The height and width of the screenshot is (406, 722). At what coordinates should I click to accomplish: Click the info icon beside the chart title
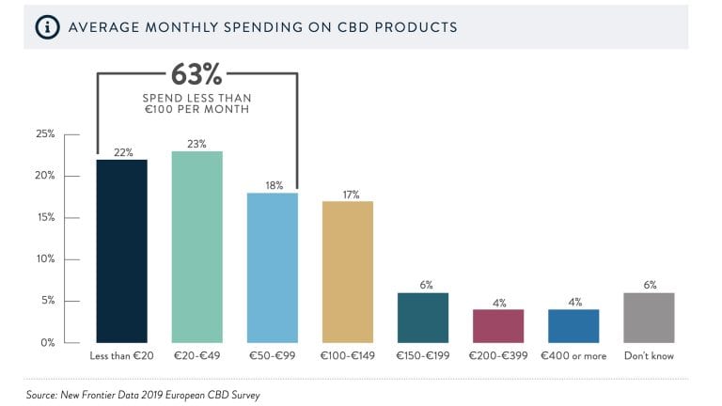pyautogui.click(x=46, y=27)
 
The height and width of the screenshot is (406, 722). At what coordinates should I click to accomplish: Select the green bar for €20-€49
pyautogui.click(x=197, y=247)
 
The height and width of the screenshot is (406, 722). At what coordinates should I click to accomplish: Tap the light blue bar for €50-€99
pyautogui.click(x=273, y=268)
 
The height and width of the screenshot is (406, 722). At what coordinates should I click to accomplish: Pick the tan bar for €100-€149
pyautogui.click(x=348, y=272)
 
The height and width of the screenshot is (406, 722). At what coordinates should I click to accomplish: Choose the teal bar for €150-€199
pyautogui.click(x=423, y=318)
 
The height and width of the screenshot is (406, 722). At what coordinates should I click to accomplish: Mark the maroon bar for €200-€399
pyautogui.click(x=498, y=326)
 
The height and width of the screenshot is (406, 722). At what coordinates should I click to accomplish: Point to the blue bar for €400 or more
pyautogui.click(x=573, y=326)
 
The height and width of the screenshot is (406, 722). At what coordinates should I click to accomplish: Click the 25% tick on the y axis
pyautogui.click(x=44, y=134)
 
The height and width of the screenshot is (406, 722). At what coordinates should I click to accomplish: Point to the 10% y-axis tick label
pyautogui.click(x=44, y=259)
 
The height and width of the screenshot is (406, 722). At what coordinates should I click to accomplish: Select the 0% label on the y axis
pyautogui.click(x=47, y=343)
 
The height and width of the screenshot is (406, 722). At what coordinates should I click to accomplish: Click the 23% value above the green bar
pyautogui.click(x=197, y=143)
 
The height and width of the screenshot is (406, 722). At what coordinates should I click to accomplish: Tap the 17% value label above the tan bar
pyautogui.click(x=348, y=194)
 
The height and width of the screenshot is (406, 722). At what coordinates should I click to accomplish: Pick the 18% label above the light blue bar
pyautogui.click(x=273, y=185)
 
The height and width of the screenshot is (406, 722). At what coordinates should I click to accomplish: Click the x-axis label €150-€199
pyautogui.click(x=423, y=357)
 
